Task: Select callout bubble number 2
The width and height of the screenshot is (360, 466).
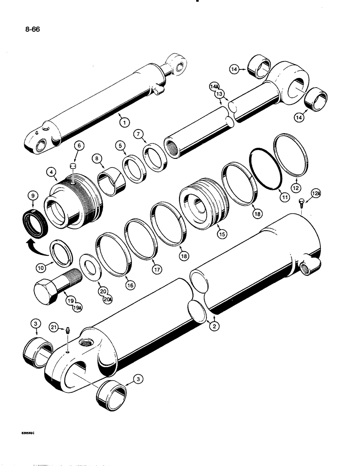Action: [215, 327]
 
